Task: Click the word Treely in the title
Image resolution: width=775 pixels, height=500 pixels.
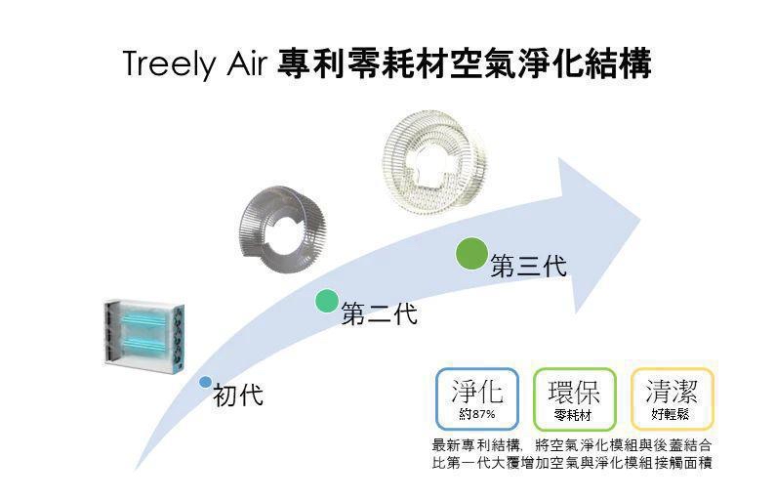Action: [x=170, y=64]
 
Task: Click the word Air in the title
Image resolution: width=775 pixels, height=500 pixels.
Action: [x=247, y=63]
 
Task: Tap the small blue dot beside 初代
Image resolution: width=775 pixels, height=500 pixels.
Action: [x=206, y=382]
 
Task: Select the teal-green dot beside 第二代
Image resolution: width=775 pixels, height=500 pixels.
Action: [x=327, y=301]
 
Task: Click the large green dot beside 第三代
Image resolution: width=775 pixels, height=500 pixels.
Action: [x=471, y=254]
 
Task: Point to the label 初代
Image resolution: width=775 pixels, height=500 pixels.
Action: [x=238, y=396]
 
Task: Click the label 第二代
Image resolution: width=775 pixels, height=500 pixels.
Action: [x=379, y=313]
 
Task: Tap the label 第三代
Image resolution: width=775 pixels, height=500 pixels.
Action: [x=528, y=266]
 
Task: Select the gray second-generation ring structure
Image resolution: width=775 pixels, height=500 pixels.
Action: [x=282, y=229]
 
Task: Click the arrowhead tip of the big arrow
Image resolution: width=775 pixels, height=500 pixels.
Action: [x=640, y=219]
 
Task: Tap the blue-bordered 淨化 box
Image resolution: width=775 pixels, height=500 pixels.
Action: [x=477, y=399]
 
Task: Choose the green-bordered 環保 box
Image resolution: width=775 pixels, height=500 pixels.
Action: [x=574, y=399]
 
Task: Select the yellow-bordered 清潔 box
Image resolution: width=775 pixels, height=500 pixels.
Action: [x=673, y=399]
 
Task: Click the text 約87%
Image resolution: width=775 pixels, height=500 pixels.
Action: [x=477, y=414]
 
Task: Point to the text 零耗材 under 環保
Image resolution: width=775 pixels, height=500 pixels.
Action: [x=573, y=414]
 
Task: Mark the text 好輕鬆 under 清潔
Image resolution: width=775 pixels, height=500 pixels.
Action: [x=671, y=414]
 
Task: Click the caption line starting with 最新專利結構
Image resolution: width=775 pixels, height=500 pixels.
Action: [x=572, y=445]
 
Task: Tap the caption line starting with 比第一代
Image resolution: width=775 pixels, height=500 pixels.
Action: [x=572, y=464]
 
